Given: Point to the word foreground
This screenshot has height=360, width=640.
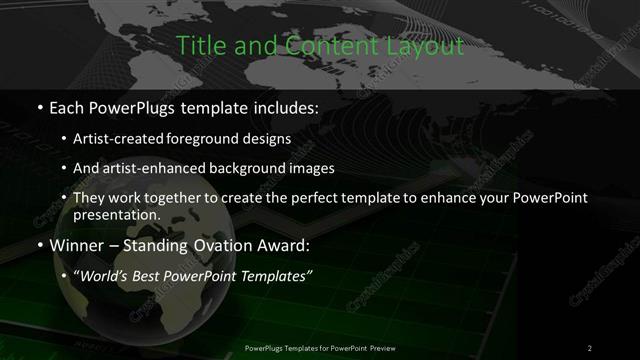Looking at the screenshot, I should (221, 140).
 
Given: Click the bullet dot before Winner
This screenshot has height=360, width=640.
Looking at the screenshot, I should (40, 244).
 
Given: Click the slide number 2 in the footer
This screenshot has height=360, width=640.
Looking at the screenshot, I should (590, 347).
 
